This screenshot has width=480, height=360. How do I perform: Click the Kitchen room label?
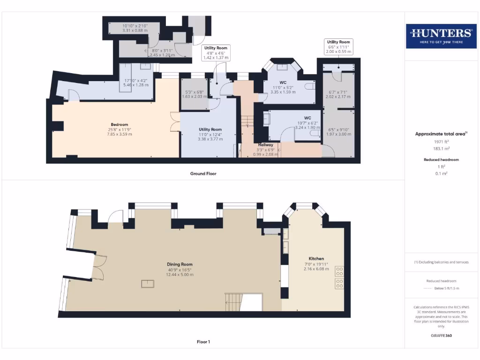tap(316, 259)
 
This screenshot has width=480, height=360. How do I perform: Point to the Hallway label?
tap(266, 145)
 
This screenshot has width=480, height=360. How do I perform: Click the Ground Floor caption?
tap(203, 173)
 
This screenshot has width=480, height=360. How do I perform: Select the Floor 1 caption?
tap(203, 342)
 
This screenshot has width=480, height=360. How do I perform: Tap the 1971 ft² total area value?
tap(441, 141)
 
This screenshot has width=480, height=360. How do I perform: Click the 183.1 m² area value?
tap(441, 148)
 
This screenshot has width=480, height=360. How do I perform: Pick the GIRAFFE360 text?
tap(441, 336)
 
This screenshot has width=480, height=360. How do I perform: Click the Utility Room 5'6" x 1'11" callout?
tap(338, 47)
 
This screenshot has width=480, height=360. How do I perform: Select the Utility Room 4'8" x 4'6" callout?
tap(216, 52)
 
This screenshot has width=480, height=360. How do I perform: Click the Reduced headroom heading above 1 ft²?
tap(441, 160)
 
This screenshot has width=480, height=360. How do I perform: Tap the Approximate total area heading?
tap(441, 134)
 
